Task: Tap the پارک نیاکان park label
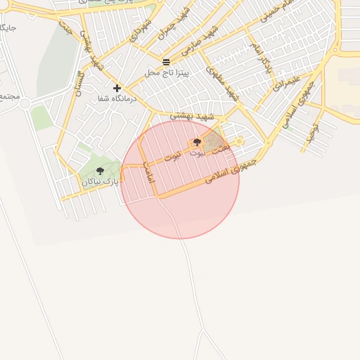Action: click(98, 182)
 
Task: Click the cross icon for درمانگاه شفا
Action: click(117, 88)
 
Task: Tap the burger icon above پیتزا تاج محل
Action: click(166, 62)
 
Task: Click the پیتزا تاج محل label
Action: click(167, 72)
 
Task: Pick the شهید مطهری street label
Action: click(224, 82)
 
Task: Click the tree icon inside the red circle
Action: click(196, 142)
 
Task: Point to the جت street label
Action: click(66, 29)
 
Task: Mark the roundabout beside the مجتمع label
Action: click(25, 103)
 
